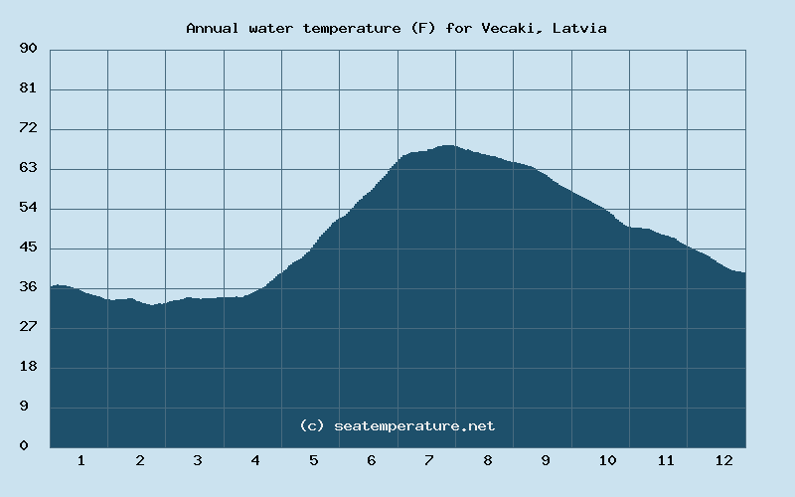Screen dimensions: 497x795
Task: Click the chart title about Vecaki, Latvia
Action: point(397,28)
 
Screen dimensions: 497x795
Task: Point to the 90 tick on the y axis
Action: point(28,49)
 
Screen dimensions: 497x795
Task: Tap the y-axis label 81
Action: point(28,88)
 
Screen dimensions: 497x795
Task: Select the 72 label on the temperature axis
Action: point(28,128)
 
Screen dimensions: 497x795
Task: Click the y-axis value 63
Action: point(28,168)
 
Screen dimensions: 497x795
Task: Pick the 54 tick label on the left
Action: point(28,208)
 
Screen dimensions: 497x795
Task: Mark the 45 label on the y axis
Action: point(28,248)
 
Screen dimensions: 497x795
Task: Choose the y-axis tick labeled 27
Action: point(28,327)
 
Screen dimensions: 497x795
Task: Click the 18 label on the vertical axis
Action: point(28,367)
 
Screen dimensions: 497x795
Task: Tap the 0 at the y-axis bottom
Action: point(24,446)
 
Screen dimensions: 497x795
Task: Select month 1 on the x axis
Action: point(80,460)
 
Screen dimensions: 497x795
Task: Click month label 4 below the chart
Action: point(255,460)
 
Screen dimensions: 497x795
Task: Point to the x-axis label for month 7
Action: point(429,460)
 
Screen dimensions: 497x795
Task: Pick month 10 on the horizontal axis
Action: point(607,460)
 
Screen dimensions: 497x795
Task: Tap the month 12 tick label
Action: point(723,460)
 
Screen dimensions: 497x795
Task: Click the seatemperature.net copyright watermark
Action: point(397,425)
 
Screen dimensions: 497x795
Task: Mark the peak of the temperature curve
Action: point(447,146)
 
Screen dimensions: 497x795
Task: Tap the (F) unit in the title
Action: point(421,28)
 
